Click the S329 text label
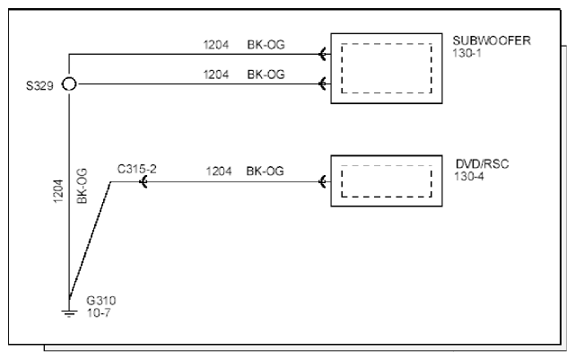pos(39,85)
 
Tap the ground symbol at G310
pos(69,313)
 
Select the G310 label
pos(101,301)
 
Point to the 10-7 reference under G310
pos(99,313)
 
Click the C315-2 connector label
pos(136,169)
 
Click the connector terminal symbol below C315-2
pos(144,181)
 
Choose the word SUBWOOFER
pos(492,40)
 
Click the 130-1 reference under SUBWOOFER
pos(466,53)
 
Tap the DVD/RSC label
pos(483,163)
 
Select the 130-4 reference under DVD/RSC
pos(469,176)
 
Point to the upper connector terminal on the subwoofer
pos(323,54)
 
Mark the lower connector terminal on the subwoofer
pos(323,84)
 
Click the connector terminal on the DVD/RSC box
pos(323,181)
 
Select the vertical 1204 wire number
pos(58,191)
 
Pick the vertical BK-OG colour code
pos(82,186)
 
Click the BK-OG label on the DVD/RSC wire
pos(265,171)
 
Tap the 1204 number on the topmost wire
pos(216,45)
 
